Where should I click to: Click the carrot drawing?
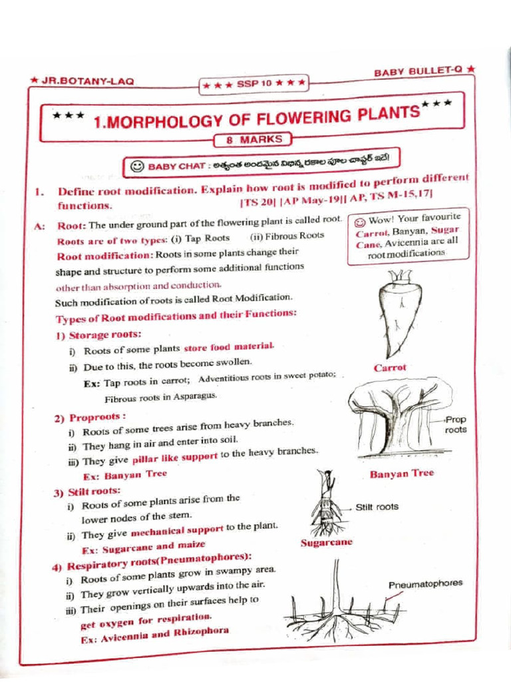click(399, 313)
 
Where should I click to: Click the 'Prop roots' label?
click(456, 425)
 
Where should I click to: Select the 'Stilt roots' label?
click(377, 507)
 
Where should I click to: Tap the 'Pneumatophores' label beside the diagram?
click(425, 584)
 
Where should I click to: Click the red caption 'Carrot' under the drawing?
click(390, 368)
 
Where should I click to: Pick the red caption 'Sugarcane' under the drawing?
click(327, 542)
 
